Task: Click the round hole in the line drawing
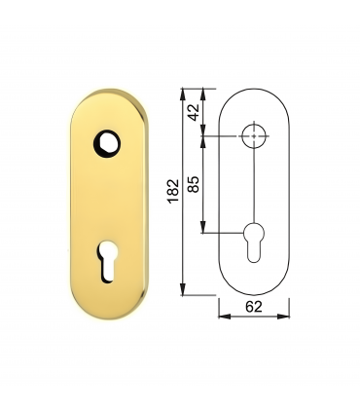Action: click(255, 135)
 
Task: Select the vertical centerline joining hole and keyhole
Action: click(255, 185)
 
